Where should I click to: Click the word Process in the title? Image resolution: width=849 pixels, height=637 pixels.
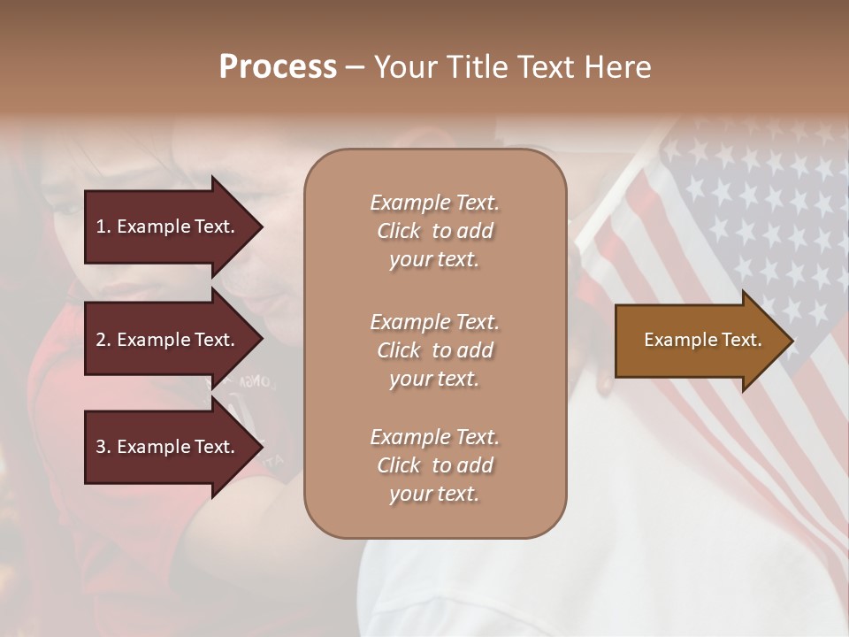278,67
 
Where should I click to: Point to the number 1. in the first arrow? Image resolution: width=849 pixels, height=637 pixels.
103,226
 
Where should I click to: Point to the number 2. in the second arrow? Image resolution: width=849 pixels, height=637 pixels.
103,340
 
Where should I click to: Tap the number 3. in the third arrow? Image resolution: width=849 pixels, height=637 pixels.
103,447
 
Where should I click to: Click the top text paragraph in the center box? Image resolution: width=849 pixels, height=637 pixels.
434,231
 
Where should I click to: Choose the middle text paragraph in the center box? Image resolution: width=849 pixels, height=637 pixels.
434,350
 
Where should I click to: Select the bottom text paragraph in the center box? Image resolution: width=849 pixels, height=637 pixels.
434,465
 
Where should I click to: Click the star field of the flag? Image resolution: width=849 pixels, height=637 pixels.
761,203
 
